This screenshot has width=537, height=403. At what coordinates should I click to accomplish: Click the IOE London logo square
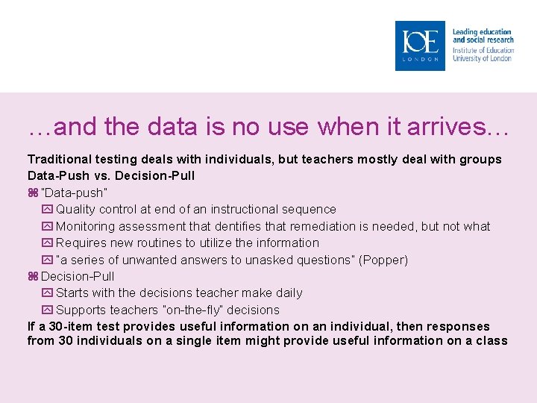(x=420, y=46)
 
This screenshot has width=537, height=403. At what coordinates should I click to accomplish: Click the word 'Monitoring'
(x=85, y=226)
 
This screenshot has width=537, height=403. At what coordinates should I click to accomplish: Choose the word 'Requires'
(x=80, y=243)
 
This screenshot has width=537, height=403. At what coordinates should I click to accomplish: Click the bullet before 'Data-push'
(x=33, y=193)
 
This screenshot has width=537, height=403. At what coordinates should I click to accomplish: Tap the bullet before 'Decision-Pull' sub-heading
(x=33, y=276)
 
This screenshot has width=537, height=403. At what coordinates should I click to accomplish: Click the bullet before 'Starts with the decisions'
(x=48, y=293)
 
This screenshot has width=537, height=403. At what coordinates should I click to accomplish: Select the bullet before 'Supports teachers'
(x=48, y=310)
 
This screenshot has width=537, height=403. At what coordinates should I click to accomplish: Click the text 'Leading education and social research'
(x=483, y=36)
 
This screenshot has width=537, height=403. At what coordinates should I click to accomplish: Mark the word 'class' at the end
(x=492, y=340)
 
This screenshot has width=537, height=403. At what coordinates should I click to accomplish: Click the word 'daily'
(x=288, y=293)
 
